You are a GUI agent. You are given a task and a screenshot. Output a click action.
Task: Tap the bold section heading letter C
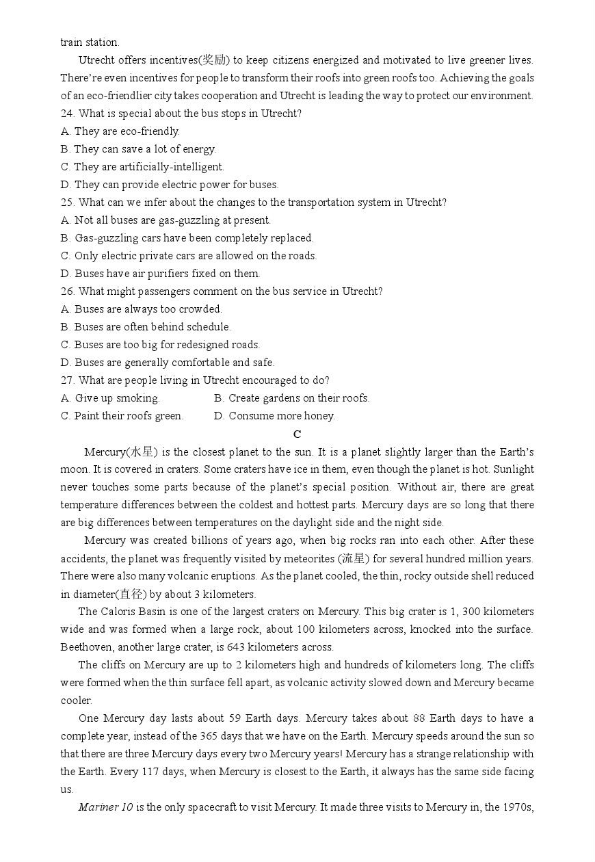(x=297, y=434)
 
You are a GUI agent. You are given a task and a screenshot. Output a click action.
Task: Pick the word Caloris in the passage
(x=120, y=612)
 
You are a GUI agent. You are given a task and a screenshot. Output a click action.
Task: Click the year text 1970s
(x=519, y=807)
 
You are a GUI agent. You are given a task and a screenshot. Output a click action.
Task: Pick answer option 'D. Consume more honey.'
(x=274, y=416)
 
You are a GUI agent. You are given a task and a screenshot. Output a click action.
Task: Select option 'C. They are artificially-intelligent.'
(x=142, y=167)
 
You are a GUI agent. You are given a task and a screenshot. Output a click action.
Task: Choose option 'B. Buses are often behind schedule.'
(x=146, y=327)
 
